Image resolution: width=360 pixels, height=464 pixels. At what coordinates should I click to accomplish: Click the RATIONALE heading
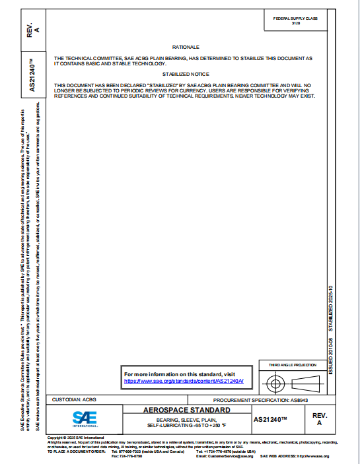coord(186,48)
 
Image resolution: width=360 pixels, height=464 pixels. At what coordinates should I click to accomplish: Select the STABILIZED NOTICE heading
coord(186,75)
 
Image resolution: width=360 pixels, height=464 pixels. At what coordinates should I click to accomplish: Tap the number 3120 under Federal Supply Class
coord(295,23)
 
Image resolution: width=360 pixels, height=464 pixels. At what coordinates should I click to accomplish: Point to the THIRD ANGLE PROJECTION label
coord(293,365)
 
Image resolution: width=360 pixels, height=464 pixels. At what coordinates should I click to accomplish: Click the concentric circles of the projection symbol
coord(274,382)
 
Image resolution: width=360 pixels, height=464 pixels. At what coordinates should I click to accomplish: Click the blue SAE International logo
coord(84,418)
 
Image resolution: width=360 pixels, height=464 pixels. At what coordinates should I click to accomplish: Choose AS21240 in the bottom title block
coord(271,419)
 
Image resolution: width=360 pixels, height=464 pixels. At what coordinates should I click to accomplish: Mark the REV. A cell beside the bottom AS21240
coord(319,419)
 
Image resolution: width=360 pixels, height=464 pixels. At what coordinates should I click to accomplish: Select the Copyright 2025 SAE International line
coord(77,438)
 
